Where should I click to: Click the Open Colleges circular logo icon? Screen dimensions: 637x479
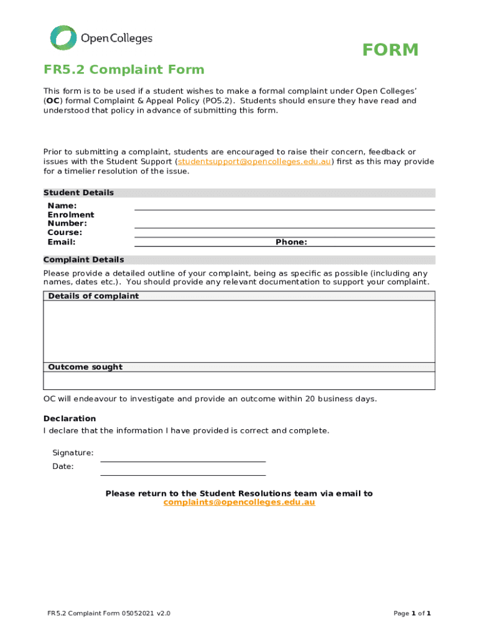pos(63,38)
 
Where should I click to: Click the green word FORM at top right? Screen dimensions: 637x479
pos(390,50)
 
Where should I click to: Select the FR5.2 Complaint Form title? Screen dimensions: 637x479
pos(123,70)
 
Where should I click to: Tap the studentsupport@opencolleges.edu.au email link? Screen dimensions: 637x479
pos(254,162)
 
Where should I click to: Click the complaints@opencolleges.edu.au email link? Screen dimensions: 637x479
pos(239,503)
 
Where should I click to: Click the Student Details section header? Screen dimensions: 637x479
pos(78,193)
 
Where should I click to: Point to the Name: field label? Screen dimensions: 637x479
pos(62,206)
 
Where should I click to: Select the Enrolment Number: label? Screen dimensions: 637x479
pos(71,219)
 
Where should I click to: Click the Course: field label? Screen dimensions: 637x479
pos(65,233)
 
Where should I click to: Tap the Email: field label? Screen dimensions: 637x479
pos(62,242)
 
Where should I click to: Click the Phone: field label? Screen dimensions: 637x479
pos(291,242)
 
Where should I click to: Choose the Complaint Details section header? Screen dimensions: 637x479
pos(83,259)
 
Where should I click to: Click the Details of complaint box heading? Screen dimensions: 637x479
pos(93,296)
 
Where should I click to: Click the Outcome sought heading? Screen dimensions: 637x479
pos(85,367)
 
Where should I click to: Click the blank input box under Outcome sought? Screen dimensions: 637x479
pos(239,381)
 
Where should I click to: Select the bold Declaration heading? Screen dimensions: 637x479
pos(70,419)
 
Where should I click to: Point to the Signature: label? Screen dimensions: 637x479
pos(73,453)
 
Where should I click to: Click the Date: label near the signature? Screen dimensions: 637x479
pos(63,467)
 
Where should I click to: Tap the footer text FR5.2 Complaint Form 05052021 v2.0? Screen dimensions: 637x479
pos(109,613)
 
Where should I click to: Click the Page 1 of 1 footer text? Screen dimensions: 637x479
pos(412,613)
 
